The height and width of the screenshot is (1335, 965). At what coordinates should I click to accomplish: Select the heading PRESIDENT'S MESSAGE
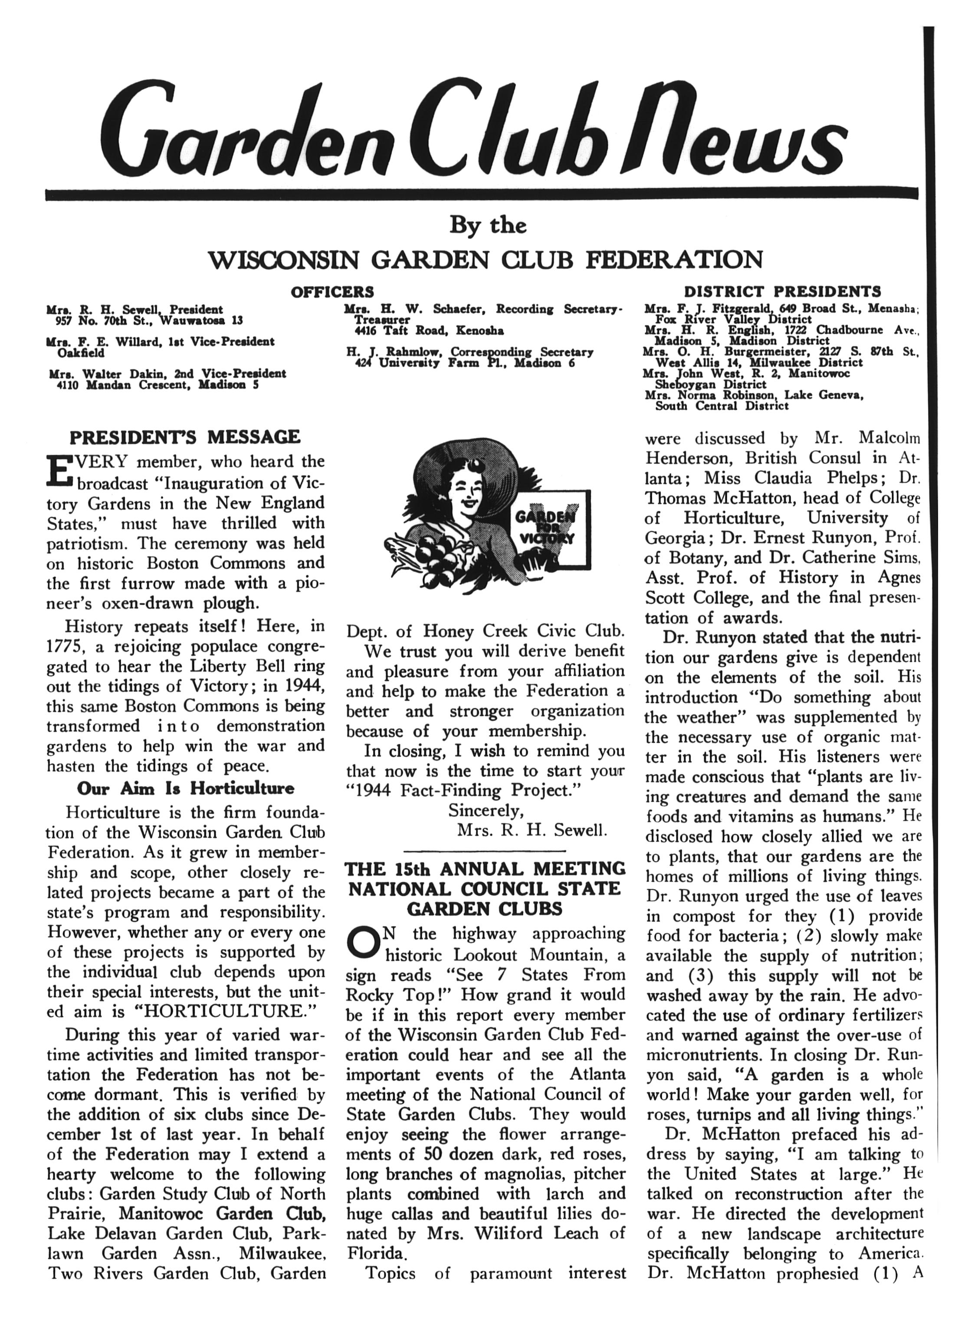185,437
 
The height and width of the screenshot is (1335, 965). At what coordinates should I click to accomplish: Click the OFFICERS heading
332,291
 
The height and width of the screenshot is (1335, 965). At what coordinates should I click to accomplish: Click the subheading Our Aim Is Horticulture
185,788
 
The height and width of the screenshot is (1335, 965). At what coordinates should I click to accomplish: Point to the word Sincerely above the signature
486,811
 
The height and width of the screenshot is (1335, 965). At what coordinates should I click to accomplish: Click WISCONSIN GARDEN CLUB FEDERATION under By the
486,259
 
